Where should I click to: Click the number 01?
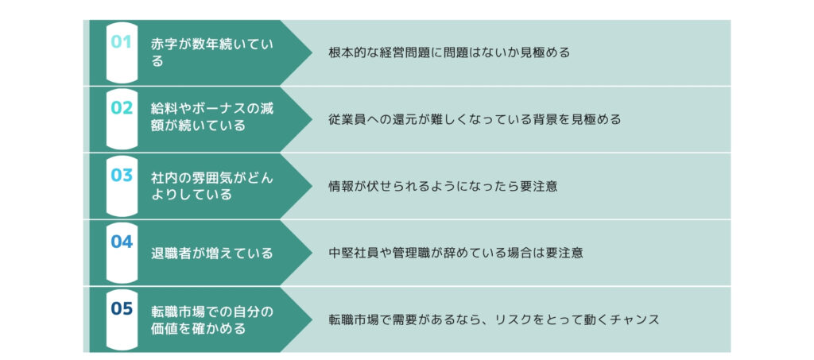[x=122, y=41]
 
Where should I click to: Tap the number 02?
[x=122, y=108]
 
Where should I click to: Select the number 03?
[x=122, y=175]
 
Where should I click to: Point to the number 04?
[x=122, y=242]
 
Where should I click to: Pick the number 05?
[x=122, y=308]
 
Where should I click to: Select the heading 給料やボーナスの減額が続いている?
[x=211, y=118]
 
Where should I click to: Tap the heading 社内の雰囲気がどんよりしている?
[x=211, y=186]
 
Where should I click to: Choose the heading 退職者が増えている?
[x=211, y=254]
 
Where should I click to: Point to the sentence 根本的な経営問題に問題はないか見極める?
[x=449, y=53]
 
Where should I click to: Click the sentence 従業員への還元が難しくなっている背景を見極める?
[x=475, y=119]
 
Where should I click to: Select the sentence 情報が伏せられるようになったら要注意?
[x=443, y=186]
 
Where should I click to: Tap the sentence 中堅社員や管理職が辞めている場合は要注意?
[x=455, y=254]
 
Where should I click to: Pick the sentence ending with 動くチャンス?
[x=494, y=319]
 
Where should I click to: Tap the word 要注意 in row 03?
[x=538, y=186]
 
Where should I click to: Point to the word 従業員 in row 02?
[x=347, y=119]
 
